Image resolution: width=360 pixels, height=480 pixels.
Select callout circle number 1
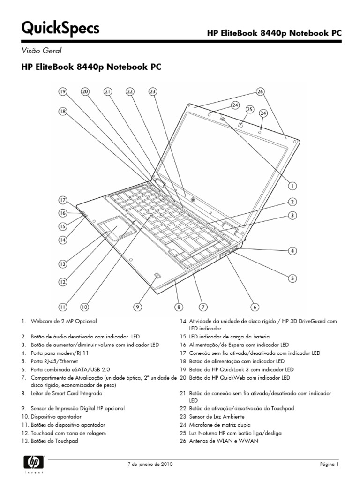point(292,185)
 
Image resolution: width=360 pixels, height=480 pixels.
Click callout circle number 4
point(292,251)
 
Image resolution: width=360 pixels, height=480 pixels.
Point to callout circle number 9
point(137,307)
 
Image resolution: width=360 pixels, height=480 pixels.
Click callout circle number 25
point(249,109)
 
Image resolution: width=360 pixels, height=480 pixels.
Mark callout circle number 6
point(254,307)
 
